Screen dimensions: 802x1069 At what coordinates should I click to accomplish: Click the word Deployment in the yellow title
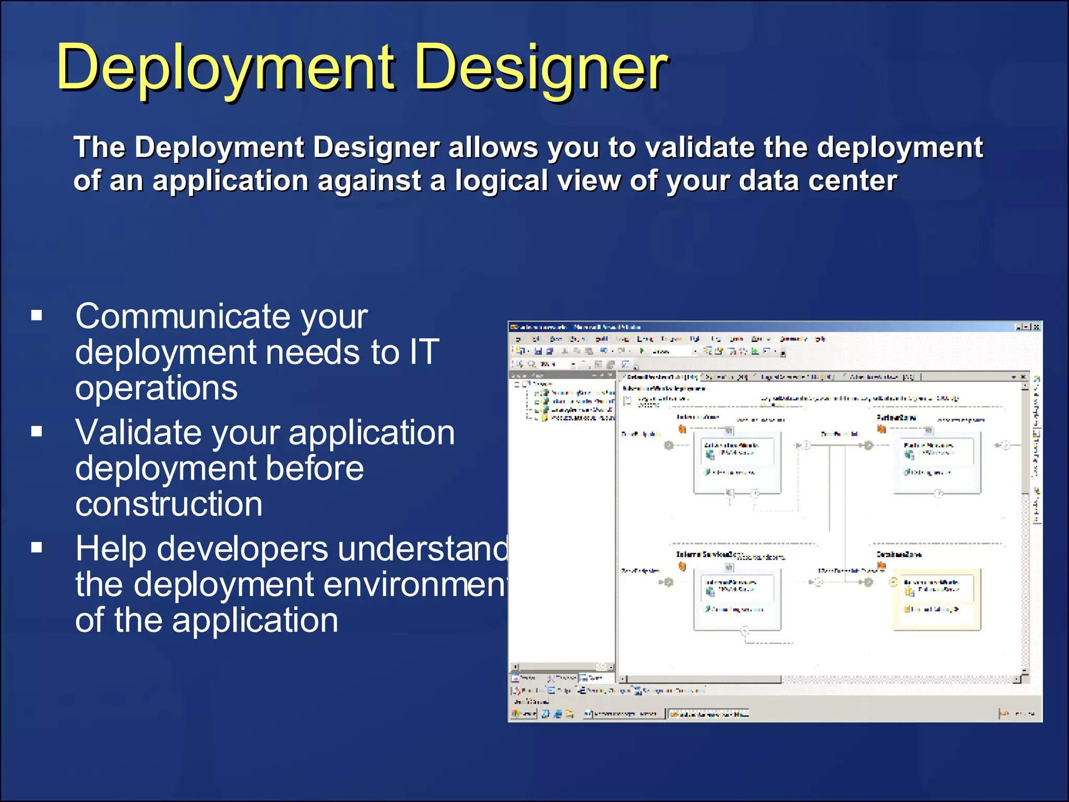pyautogui.click(x=224, y=68)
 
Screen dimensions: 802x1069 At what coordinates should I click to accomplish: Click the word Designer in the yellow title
pyautogui.click(x=540, y=68)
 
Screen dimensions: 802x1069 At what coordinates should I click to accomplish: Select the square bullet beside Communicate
pyautogui.click(x=37, y=315)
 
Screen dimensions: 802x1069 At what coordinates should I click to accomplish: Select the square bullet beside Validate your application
pyautogui.click(x=37, y=431)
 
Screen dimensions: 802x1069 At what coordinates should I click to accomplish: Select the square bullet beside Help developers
pyautogui.click(x=37, y=547)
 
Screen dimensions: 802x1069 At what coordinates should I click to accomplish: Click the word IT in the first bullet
pyautogui.click(x=424, y=352)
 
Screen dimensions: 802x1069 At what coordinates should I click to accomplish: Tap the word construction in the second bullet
pyautogui.click(x=169, y=504)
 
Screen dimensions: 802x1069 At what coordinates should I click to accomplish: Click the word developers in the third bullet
pyautogui.click(x=242, y=549)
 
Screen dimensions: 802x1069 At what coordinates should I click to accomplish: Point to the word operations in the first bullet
pyautogui.click(x=156, y=388)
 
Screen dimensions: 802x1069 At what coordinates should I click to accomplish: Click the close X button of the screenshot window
pyautogui.click(x=1036, y=327)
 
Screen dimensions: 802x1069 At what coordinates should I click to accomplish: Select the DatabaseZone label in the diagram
pyautogui.click(x=899, y=554)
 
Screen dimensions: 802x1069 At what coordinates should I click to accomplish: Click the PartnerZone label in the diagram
pyautogui.click(x=896, y=418)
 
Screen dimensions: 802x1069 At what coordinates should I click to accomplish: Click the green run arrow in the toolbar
pyautogui.click(x=642, y=351)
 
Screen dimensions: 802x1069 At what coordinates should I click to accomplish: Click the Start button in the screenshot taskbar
pyautogui.click(x=524, y=713)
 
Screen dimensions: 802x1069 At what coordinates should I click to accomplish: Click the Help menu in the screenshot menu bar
pyautogui.click(x=820, y=339)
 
